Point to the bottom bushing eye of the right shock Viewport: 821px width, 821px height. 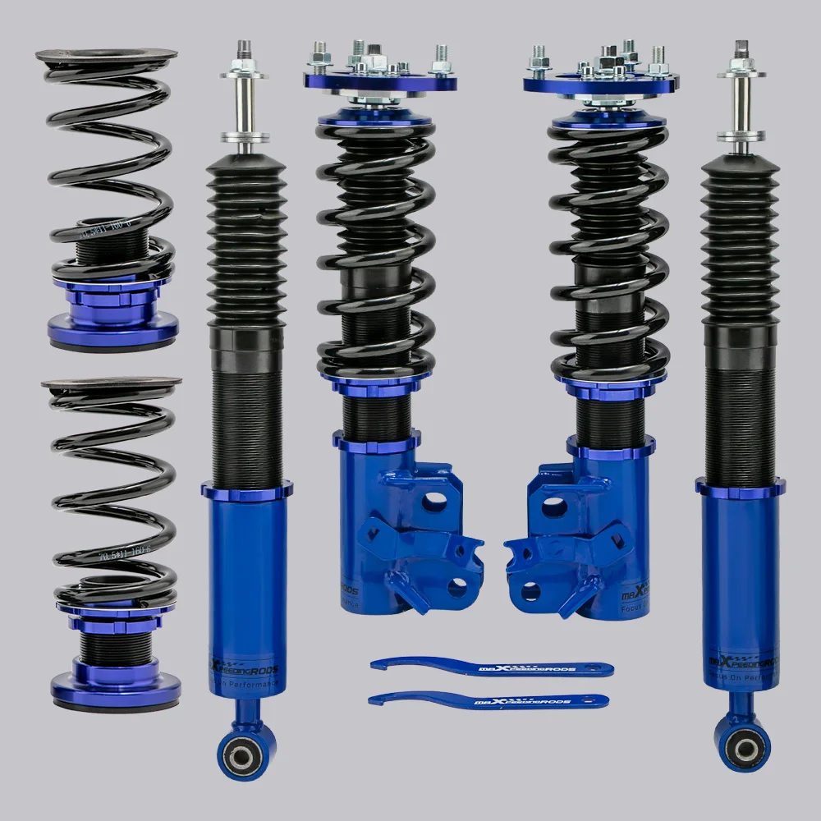744,746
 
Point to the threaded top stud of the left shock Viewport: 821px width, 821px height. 245,51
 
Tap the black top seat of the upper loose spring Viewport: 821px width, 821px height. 107,56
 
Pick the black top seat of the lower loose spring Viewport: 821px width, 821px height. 112,384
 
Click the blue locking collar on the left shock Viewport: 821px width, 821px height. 246,491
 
